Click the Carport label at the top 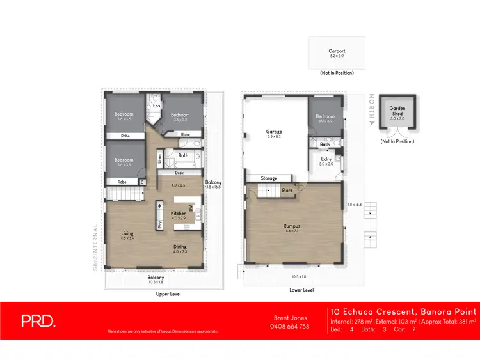point(337,51)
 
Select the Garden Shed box point(397,115)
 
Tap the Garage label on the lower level point(274,132)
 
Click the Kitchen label point(179,213)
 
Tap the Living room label point(127,234)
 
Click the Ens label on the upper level point(156,106)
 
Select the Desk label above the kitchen point(179,173)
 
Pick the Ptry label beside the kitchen point(159,224)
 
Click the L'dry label point(326,159)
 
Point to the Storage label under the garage point(269,178)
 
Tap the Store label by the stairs point(287,190)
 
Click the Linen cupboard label point(159,158)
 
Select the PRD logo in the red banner point(38,322)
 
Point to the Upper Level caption point(168,294)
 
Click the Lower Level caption point(301,290)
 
